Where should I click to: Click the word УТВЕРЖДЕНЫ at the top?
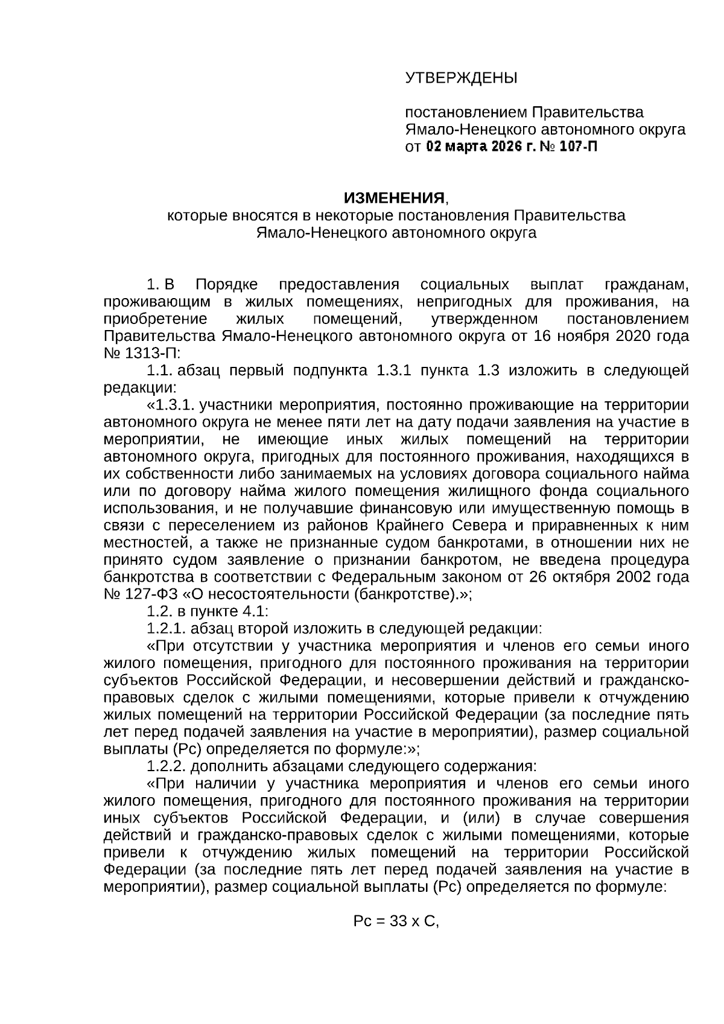point(461,78)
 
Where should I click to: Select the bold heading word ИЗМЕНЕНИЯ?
point(394,199)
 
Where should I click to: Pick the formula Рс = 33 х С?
point(396,939)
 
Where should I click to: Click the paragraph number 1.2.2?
point(167,766)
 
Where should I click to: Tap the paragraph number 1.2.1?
point(167,628)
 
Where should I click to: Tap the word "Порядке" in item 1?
point(226,285)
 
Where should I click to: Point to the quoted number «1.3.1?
point(171,405)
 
